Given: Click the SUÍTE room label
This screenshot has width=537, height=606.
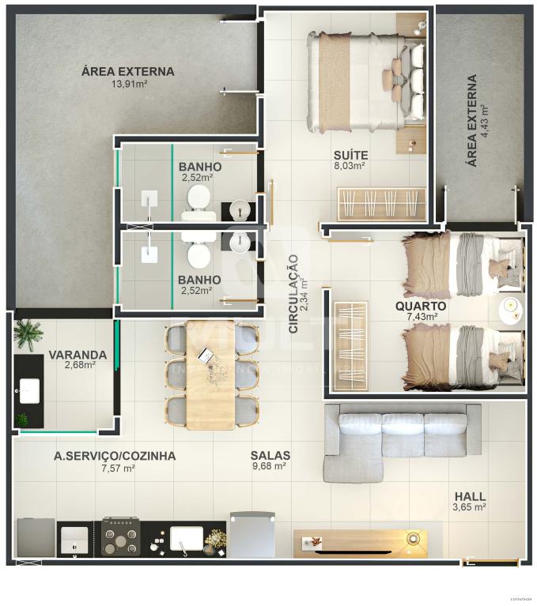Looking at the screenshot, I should [x=349, y=154].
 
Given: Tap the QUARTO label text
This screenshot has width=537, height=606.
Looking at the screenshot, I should [x=421, y=306].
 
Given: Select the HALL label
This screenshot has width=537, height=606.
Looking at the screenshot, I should [x=469, y=496].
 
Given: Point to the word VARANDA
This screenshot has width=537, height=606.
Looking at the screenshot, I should [x=78, y=354].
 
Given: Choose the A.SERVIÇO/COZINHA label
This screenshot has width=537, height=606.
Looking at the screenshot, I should [x=115, y=456].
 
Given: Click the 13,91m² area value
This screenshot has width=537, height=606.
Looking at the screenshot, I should [x=129, y=83].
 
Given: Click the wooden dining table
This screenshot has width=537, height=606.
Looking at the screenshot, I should [x=210, y=374].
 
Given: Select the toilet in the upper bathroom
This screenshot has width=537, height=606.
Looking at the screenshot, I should [x=198, y=203].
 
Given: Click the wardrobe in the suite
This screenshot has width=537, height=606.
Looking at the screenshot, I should [x=381, y=204].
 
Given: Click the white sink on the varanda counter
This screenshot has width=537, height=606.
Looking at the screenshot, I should [x=31, y=389].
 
